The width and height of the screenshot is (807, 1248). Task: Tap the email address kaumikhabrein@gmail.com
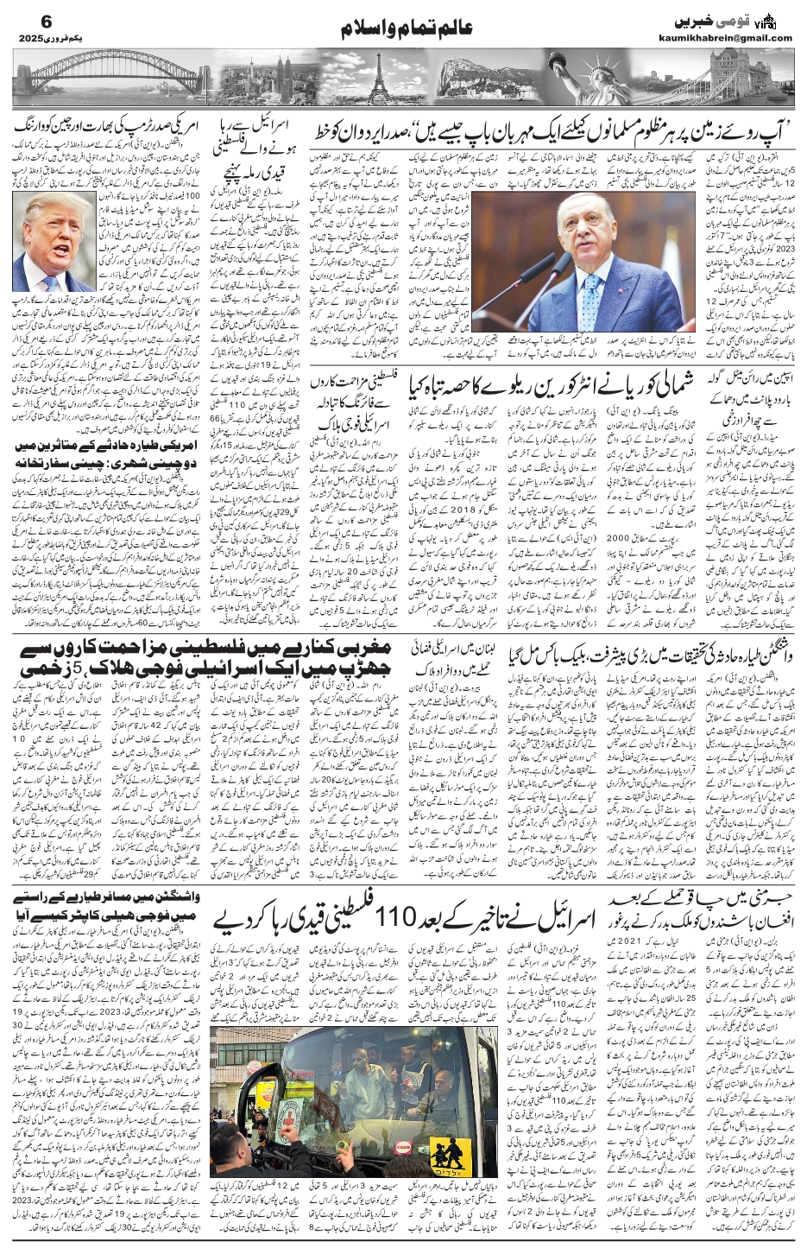pyautogui.click(x=736, y=37)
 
